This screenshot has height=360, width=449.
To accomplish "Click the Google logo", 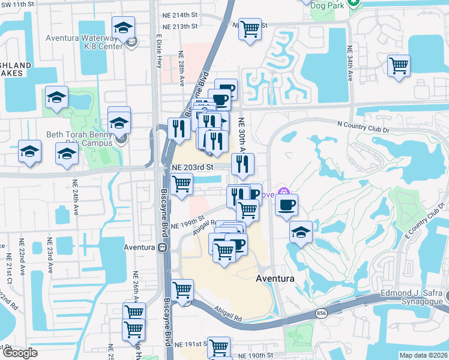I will [x=20, y=353].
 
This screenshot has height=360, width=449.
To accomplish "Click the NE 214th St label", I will [x=179, y=15].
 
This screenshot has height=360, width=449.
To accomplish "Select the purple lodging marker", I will [x=286, y=194].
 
